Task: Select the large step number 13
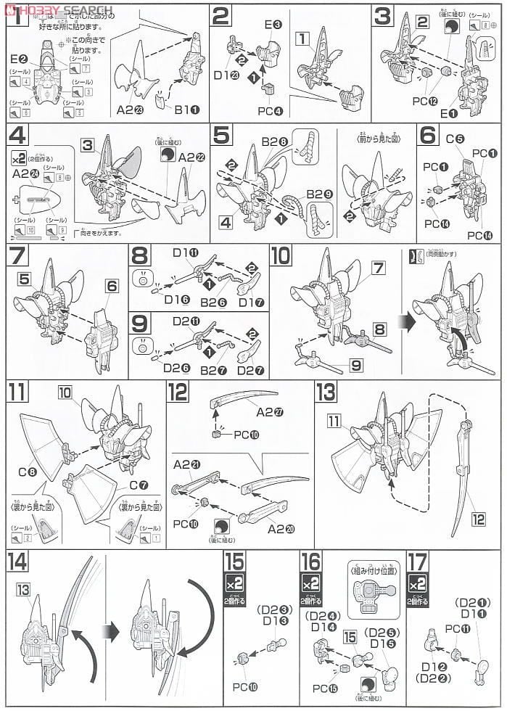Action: tap(327, 393)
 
